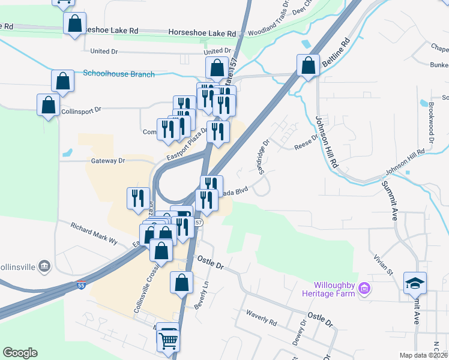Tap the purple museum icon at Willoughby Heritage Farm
tap(363, 290)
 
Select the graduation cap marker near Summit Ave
tap(415, 283)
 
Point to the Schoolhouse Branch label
tap(119, 74)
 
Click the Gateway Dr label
tap(107, 161)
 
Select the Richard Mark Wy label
tap(94, 233)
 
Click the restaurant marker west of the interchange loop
tap(138, 197)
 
